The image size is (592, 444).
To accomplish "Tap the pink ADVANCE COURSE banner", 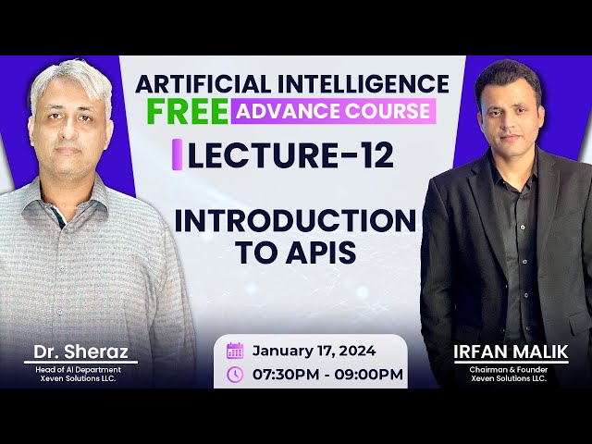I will [x=333, y=112].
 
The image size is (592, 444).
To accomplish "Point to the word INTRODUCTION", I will [x=295, y=221].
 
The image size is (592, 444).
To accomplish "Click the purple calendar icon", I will [x=235, y=351].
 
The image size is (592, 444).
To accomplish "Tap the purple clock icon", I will [x=235, y=375].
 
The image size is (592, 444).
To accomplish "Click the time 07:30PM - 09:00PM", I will [x=327, y=375].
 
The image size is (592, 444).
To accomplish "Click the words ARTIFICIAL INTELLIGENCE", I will [x=292, y=82].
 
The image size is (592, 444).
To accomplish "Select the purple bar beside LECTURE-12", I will [x=177, y=155].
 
